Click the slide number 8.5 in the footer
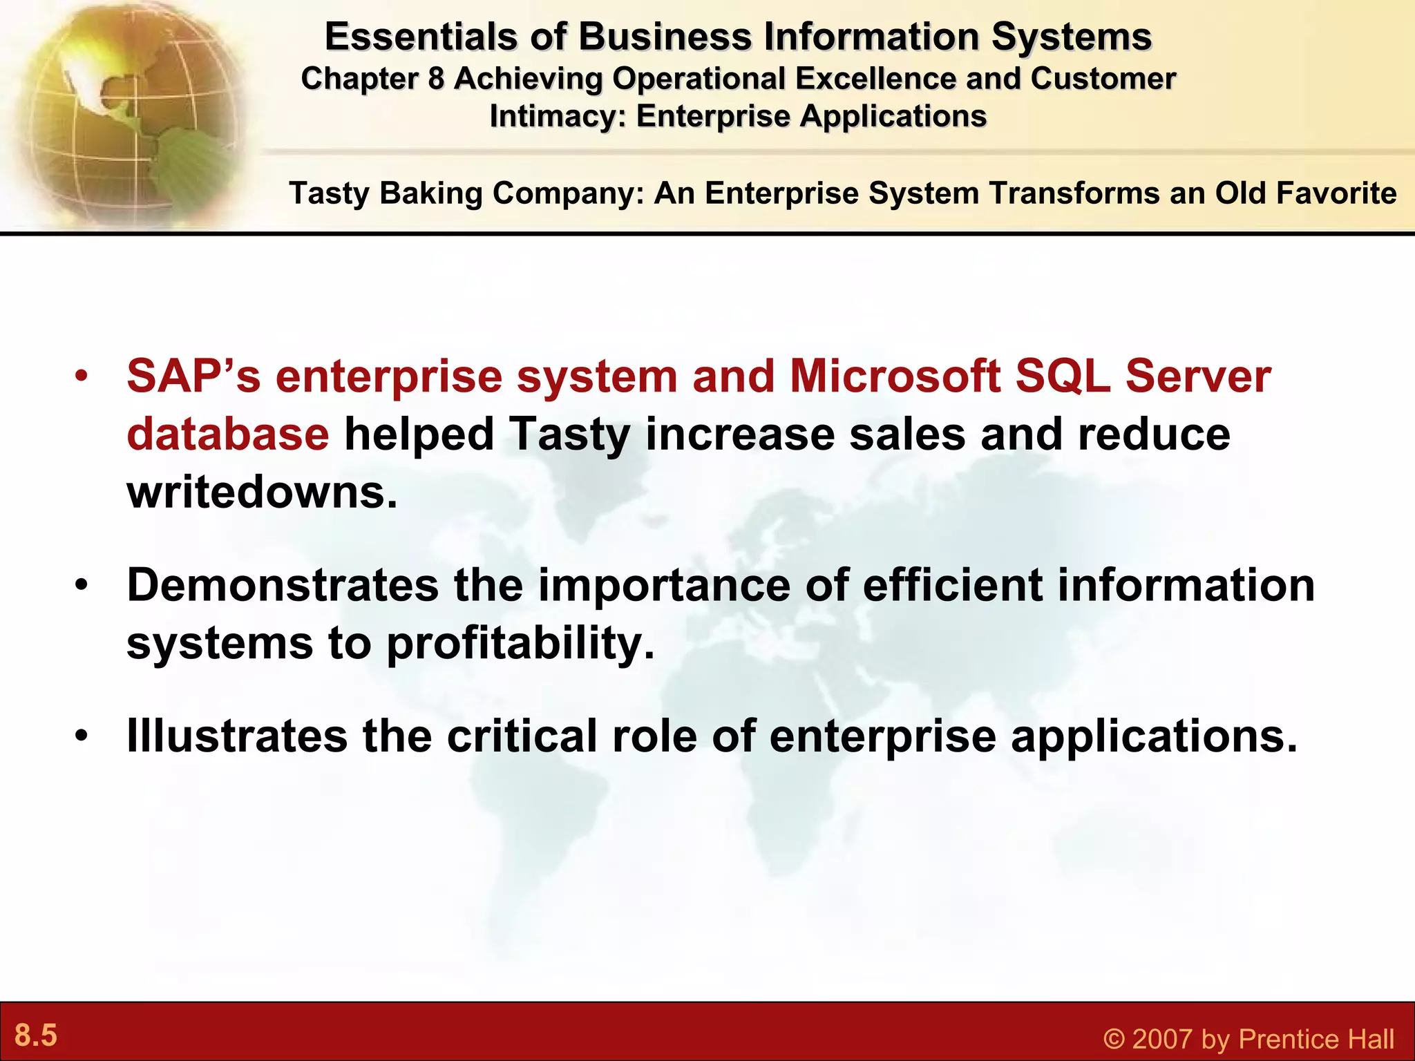click(36, 1035)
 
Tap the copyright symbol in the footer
click(1114, 1039)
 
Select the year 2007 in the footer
click(1161, 1039)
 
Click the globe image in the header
click(124, 111)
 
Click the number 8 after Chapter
click(436, 79)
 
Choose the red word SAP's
click(193, 376)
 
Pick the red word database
click(227, 434)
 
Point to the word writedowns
click(262, 493)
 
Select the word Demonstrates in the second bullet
click(282, 585)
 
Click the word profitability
click(520, 643)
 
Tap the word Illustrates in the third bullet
click(236, 736)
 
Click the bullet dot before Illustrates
click(82, 736)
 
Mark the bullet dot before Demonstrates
click(82, 585)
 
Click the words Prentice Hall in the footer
click(1316, 1039)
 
